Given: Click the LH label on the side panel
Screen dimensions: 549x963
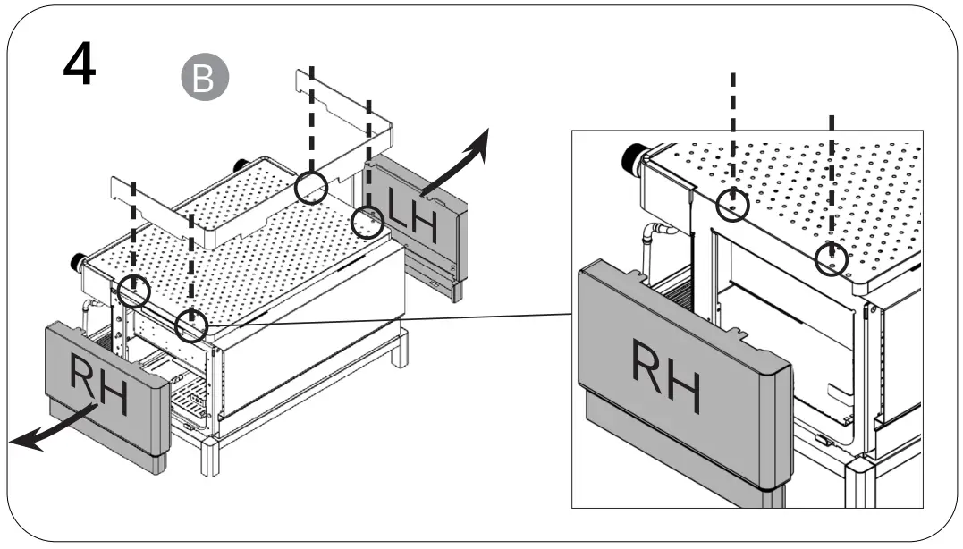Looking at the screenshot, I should tap(412, 218).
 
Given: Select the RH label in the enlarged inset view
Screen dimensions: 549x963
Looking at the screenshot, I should tap(664, 373).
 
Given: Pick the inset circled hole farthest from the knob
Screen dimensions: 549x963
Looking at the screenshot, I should tap(832, 259).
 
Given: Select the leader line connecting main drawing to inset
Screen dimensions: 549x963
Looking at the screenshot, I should tap(384, 319).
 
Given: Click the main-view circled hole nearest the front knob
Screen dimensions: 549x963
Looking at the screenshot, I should tap(134, 291).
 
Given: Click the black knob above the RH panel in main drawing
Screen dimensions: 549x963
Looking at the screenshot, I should tap(79, 263).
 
